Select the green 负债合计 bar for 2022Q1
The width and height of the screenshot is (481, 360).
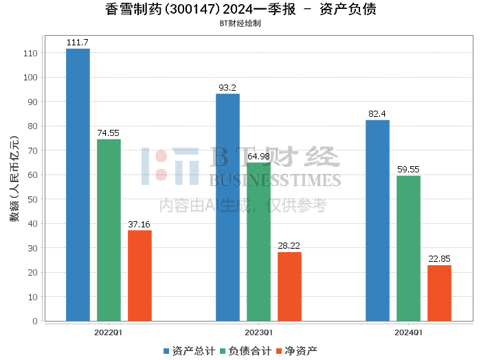[x=109, y=229]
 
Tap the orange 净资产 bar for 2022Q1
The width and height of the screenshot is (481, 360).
[x=139, y=275]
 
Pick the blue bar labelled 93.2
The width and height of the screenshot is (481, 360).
[x=227, y=207]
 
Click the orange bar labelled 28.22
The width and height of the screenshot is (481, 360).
[x=289, y=286]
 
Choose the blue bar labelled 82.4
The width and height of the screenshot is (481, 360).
[x=377, y=220]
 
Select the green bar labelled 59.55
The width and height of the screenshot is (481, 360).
[x=408, y=248]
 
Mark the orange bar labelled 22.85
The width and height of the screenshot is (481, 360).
[x=439, y=293]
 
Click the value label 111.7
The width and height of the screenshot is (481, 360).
[x=78, y=43]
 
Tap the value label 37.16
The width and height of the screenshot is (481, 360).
[x=139, y=224]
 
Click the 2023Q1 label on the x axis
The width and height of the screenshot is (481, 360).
[x=258, y=332]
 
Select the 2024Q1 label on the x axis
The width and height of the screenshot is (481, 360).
[x=408, y=332]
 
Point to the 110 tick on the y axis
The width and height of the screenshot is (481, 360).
[x=30, y=53]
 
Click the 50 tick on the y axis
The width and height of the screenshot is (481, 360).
[x=32, y=199]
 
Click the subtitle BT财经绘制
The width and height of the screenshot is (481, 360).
[x=240, y=23]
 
